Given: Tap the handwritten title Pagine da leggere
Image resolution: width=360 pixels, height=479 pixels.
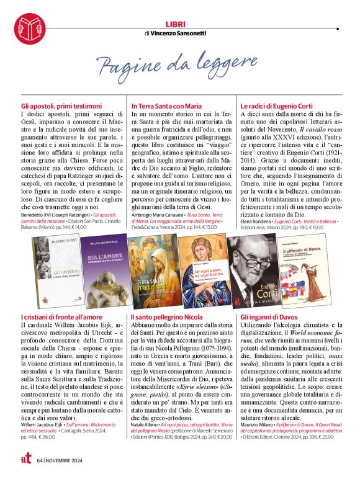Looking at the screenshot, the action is click(x=177, y=64).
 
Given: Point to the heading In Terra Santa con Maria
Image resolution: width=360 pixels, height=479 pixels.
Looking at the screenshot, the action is click(x=167, y=106).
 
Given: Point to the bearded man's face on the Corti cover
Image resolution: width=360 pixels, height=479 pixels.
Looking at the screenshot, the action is click(x=254, y=255).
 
